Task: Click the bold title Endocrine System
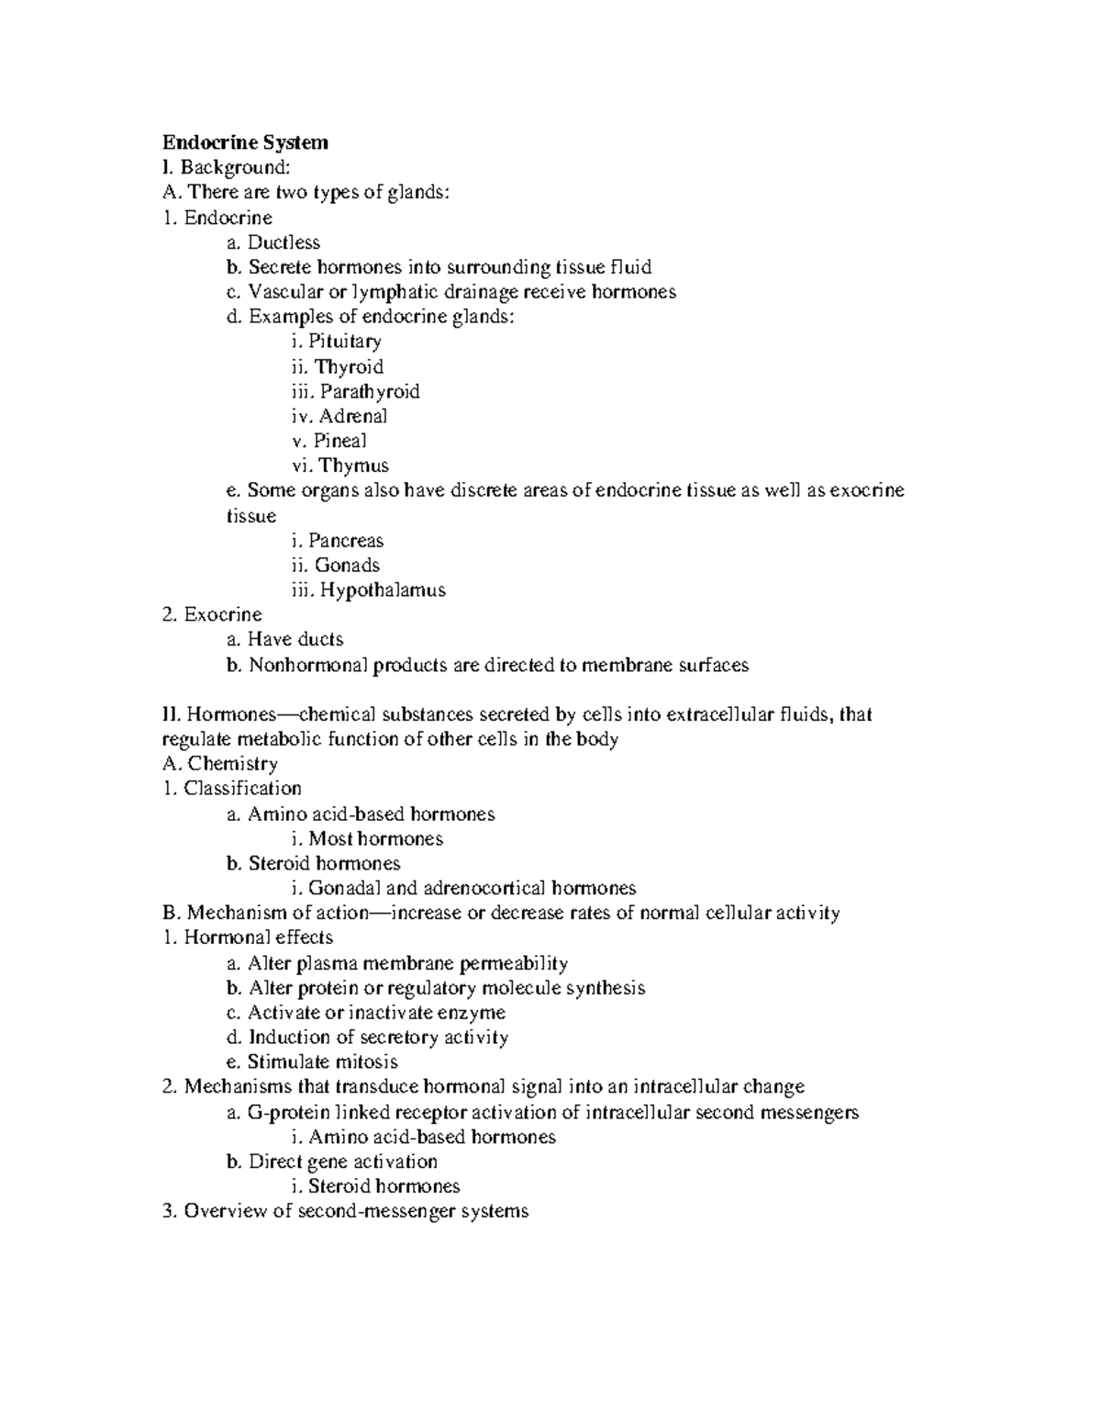[245, 142]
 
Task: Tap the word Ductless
[284, 242]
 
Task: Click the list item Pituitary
[344, 342]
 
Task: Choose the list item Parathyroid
[369, 391]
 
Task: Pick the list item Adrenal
[352, 416]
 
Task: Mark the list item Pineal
[339, 441]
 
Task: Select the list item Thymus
[353, 466]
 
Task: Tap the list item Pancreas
[345, 540]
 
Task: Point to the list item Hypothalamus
[382, 589]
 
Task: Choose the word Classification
[242, 788]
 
